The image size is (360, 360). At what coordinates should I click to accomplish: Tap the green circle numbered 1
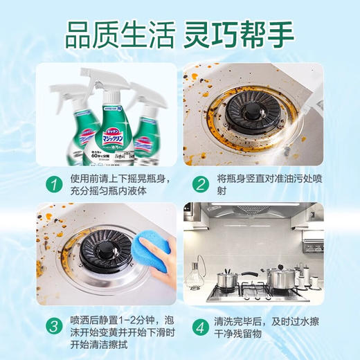[51, 184]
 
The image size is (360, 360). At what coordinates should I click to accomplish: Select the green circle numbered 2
[200, 184]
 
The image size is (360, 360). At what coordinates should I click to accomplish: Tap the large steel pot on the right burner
[280, 278]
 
